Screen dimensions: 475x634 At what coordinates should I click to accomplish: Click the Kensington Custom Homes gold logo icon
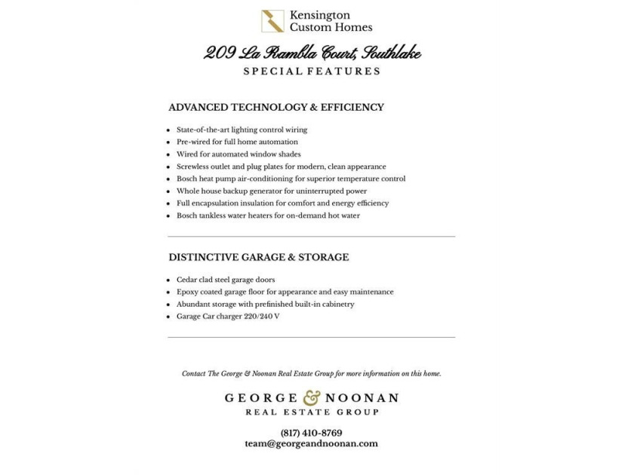[x=272, y=21]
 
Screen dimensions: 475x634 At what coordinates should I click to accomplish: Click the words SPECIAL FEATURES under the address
[x=312, y=72]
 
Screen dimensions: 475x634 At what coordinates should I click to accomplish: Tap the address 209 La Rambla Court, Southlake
[x=312, y=53]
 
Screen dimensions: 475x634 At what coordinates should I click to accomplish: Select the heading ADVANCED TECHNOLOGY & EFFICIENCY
[x=276, y=108]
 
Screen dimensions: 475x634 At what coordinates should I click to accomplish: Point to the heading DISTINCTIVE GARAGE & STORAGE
[x=259, y=258]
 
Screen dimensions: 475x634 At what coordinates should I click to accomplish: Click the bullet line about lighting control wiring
[x=242, y=130]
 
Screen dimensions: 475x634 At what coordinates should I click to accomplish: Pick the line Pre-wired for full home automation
[x=237, y=142]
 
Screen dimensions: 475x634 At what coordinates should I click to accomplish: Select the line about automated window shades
[x=228, y=155]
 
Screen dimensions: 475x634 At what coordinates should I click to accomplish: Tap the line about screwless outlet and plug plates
[x=281, y=167]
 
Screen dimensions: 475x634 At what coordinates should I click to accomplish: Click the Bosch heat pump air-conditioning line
[x=291, y=179]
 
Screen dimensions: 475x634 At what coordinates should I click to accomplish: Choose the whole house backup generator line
[x=272, y=192]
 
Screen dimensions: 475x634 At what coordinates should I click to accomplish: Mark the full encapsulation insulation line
[x=282, y=204]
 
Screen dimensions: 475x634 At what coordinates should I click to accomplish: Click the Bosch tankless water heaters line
[x=268, y=216]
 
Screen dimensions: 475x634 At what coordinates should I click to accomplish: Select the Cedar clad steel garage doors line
[x=226, y=280]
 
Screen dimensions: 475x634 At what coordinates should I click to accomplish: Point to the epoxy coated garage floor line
[x=285, y=292]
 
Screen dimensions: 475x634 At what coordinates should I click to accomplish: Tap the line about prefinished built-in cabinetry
[x=265, y=305]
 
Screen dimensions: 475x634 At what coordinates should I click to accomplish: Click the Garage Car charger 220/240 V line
[x=228, y=317]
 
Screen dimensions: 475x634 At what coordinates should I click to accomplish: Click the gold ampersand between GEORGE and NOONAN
[x=312, y=397]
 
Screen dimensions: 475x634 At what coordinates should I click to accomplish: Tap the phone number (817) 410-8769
[x=311, y=433]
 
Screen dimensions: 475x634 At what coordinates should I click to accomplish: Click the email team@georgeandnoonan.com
[x=311, y=444]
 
